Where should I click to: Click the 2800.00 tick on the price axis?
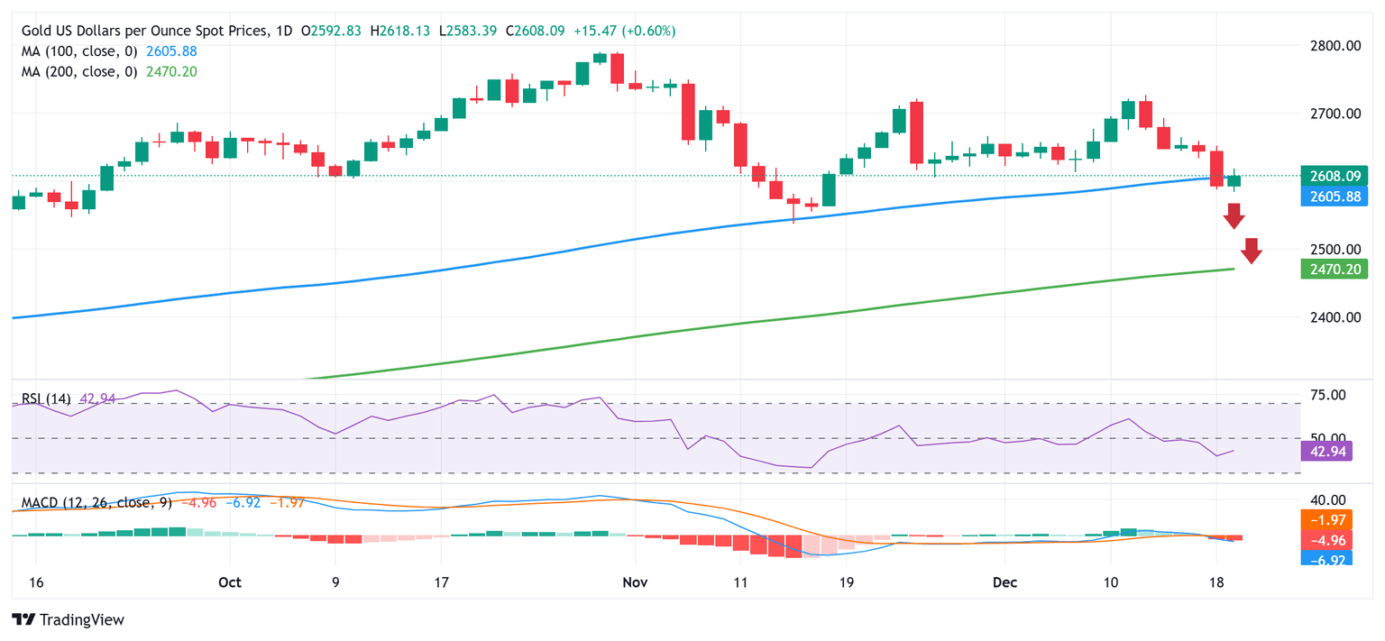point(1335,45)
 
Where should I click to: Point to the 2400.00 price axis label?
point(1335,317)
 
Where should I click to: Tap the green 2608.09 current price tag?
point(1335,176)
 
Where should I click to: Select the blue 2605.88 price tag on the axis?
point(1335,196)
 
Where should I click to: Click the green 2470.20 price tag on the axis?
point(1335,269)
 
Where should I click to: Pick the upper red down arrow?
point(1234,216)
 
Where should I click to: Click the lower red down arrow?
point(1251,251)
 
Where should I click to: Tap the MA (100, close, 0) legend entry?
point(79,51)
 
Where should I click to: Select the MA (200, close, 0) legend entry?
point(79,71)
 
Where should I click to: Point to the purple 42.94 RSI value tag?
point(1326,451)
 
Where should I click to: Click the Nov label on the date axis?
point(636,582)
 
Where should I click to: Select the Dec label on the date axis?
point(1004,582)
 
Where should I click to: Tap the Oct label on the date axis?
point(230,582)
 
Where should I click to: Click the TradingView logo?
point(68,619)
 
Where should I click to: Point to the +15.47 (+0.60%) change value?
point(625,31)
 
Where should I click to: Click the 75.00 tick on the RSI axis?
point(1326,395)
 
